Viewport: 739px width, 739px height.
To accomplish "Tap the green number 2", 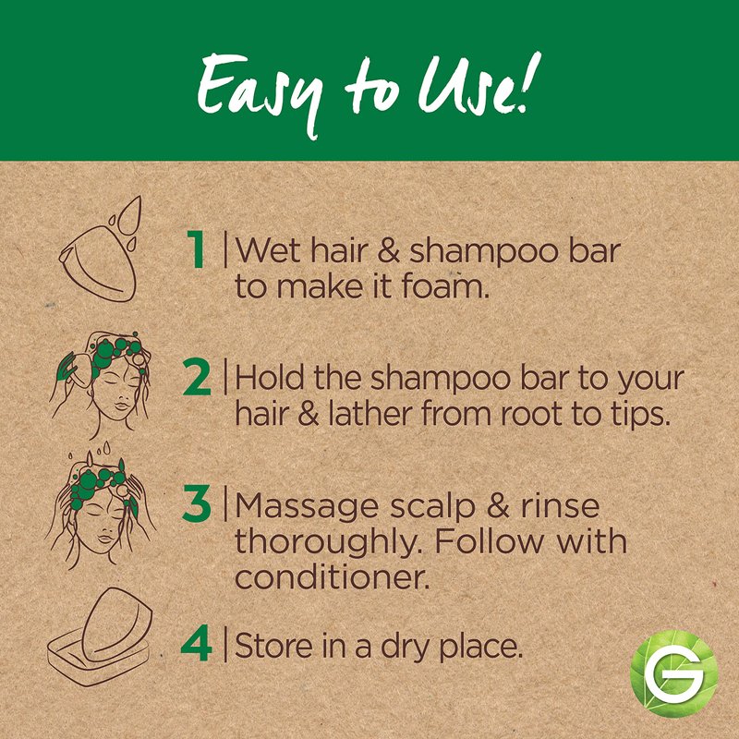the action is coord(197,377).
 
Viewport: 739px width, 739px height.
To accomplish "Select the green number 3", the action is coord(197,503).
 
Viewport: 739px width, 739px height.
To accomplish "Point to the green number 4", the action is coord(197,643).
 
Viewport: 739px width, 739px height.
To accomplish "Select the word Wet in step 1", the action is coord(267,249).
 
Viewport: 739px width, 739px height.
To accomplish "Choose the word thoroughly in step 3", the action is coord(328,543).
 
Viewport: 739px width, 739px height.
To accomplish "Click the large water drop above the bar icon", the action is coord(129,214).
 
